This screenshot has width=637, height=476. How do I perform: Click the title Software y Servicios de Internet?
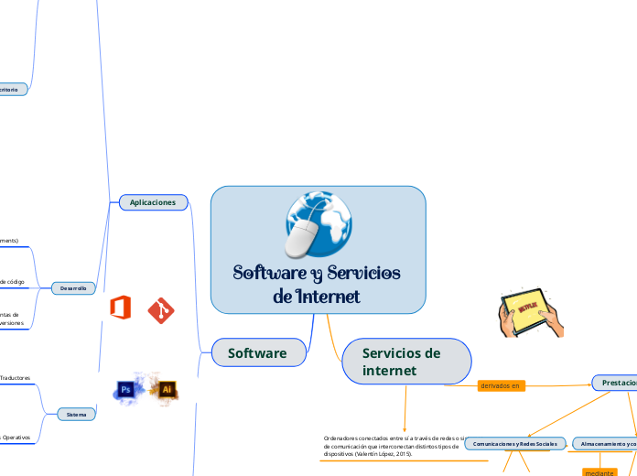[317, 285]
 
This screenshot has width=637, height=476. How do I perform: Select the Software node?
[256, 353]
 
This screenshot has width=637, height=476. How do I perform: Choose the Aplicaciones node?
[152, 202]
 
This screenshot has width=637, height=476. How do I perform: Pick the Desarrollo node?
[72, 287]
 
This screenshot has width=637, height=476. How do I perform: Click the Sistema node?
[76, 415]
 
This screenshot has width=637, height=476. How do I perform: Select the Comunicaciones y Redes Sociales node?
[514, 443]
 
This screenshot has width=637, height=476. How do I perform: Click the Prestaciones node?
[616, 382]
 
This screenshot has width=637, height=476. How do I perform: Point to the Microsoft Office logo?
[120, 308]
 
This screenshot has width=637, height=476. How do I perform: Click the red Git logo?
[162, 309]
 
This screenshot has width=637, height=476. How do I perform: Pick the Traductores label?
[16, 377]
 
